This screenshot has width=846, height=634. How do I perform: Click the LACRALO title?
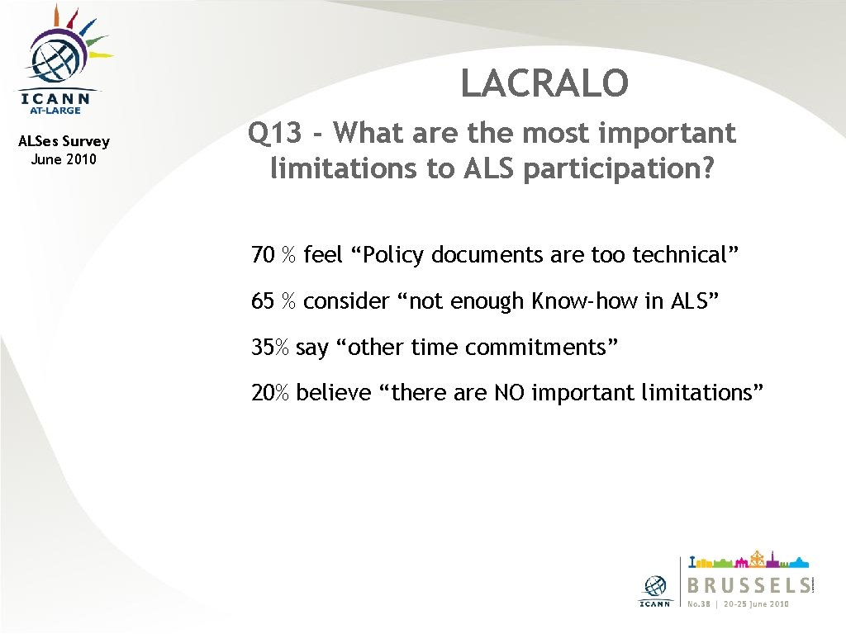[544, 83]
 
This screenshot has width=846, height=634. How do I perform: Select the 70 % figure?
[273, 255]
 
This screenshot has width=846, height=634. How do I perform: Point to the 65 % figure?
[273, 301]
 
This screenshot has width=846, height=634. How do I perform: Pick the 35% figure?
[270, 348]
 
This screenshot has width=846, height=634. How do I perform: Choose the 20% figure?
[270, 393]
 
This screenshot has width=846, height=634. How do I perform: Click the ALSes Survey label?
[64, 141]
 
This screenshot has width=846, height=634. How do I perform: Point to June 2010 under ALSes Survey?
[64, 159]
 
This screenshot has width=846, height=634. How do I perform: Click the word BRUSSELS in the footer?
[749, 585]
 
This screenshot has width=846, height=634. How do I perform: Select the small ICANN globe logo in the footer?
[656, 585]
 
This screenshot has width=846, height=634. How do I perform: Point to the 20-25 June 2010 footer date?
[756, 603]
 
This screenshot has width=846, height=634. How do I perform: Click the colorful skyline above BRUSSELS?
[749, 561]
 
